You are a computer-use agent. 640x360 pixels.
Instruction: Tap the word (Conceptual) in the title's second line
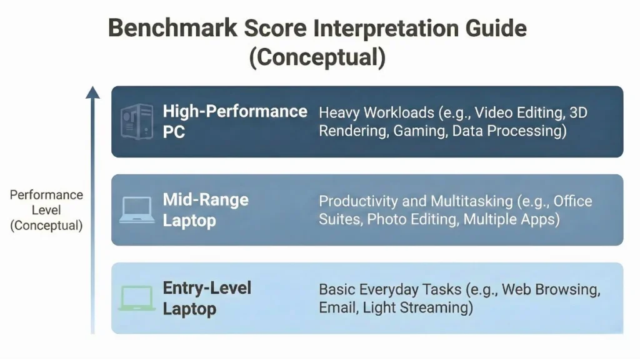pos(317,57)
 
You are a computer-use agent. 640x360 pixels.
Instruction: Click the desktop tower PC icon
pos(136,121)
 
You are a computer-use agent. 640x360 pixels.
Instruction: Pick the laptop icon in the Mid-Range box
pos(136,210)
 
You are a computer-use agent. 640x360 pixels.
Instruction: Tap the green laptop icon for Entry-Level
pos(136,298)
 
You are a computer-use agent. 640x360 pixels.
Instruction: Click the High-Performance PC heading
pos(234,121)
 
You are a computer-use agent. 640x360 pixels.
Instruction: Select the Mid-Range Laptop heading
pos(206,210)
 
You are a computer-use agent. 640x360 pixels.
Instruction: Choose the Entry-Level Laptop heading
pos(207,298)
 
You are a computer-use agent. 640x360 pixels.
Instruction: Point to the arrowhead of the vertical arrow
pos(92,92)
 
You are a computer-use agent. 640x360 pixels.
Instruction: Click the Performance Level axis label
pos(46,210)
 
